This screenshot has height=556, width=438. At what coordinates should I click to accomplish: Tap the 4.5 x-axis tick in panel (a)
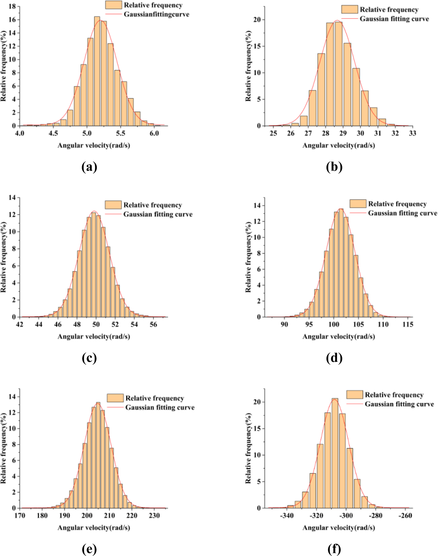coord(53,133)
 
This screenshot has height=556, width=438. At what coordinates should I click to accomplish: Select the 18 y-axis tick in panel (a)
coord(12,6)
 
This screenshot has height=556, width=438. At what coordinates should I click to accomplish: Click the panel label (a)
coord(89,167)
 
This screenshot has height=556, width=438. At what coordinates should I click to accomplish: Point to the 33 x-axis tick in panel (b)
coord(413,133)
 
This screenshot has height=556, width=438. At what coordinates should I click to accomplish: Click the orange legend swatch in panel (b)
coord(349,9)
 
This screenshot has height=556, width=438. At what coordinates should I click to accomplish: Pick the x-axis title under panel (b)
coord(338,145)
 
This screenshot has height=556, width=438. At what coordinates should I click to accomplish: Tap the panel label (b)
coord(334,167)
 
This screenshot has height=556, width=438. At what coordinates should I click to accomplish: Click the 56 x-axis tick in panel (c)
coord(153,324)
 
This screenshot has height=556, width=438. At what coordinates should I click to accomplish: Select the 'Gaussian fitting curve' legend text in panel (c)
coord(158,214)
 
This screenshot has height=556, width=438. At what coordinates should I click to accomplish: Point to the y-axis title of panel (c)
coord(3,257)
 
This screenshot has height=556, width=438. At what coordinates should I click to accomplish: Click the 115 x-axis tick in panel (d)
coord(408,324)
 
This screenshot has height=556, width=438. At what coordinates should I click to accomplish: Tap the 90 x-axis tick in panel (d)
coord(284,324)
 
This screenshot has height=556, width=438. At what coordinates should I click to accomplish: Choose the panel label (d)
coord(334,358)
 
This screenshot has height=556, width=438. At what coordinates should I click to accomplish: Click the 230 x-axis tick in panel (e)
coord(154,516)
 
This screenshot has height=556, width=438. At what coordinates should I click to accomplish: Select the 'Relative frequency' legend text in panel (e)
coord(155,398)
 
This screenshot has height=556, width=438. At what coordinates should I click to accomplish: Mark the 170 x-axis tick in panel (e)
coord(20,516)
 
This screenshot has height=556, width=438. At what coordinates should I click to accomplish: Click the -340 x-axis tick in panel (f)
coord(287,516)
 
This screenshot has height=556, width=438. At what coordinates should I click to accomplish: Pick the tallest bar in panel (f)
coord(335,453)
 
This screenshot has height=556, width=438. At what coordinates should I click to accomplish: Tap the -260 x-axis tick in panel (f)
coord(406,516)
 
